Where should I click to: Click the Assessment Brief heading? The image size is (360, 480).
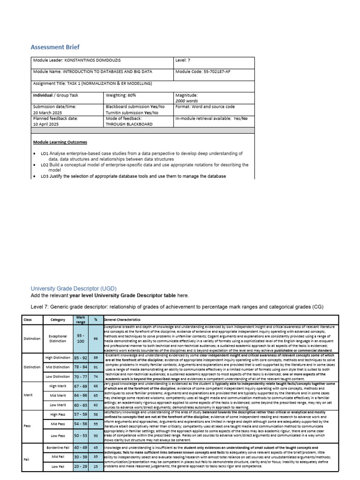(x=55, y=47)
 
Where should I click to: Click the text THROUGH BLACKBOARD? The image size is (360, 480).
(x=129, y=125)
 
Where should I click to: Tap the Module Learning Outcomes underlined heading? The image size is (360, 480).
(x=60, y=142)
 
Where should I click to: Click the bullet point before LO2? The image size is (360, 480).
(x=35, y=165)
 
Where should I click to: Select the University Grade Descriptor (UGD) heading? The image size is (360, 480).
(x=74, y=288)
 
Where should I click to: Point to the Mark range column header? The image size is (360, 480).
(x=81, y=319)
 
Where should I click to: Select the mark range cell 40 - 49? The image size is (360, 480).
(x=81, y=448)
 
